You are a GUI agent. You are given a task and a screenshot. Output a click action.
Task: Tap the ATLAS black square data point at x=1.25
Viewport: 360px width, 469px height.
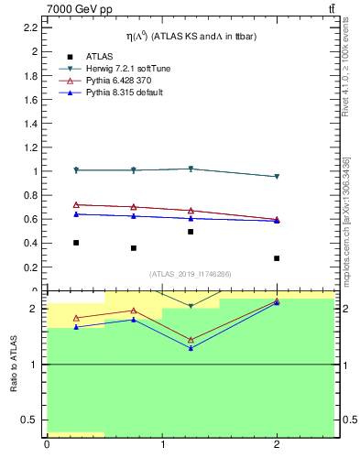pyautogui.click(x=191, y=232)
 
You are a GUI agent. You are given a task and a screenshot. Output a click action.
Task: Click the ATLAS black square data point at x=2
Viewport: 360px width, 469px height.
pyautogui.click(x=277, y=258)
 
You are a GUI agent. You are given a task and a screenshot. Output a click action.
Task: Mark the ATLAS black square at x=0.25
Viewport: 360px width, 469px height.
pyautogui.click(x=76, y=243)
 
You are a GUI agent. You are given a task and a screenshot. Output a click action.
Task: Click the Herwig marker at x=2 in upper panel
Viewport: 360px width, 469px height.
pyautogui.click(x=277, y=177)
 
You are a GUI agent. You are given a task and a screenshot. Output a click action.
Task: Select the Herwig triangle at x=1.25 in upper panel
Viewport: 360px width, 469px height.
pyautogui.click(x=191, y=169)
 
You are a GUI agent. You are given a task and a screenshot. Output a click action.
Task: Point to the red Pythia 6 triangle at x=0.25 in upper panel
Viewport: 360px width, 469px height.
pyautogui.click(x=76, y=205)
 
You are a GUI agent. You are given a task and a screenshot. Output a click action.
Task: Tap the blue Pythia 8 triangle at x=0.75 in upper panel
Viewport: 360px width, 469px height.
pyautogui.click(x=134, y=216)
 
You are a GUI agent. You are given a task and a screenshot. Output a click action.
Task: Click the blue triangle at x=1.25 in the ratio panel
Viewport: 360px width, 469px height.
pyautogui.click(x=191, y=348)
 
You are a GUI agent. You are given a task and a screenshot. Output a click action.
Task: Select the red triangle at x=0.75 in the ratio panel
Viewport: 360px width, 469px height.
pyautogui.click(x=134, y=311)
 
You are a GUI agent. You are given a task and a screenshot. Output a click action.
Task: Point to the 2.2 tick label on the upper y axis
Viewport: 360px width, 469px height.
pyautogui.click(x=31, y=27)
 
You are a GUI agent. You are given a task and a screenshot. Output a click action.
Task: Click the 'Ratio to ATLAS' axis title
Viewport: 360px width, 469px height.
pyautogui.click(x=14, y=364)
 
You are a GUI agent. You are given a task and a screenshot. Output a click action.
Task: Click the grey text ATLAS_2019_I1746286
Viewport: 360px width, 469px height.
pyautogui.click(x=191, y=274)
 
